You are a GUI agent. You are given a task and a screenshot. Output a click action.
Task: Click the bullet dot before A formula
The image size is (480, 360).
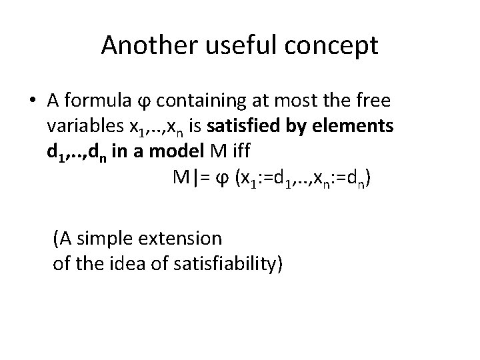pos(33,101)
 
